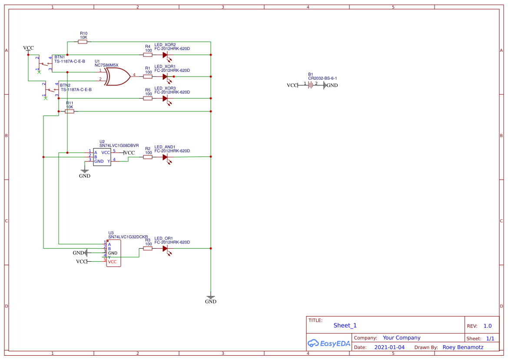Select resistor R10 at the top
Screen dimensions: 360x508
coord(83,42)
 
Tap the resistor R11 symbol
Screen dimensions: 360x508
coord(70,111)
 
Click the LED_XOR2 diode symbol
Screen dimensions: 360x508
coord(166,55)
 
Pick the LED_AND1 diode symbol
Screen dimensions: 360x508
coord(166,157)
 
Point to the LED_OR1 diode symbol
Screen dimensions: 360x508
coord(166,248)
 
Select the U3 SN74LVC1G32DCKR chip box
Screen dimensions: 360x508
coord(113,253)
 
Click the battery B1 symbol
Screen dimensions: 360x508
coord(311,85)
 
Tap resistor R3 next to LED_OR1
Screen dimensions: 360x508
coord(148,248)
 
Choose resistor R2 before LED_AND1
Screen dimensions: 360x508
coord(148,157)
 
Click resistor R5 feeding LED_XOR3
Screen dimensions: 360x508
coord(148,98)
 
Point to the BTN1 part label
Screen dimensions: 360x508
coord(60,57)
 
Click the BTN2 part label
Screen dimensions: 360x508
coord(65,85)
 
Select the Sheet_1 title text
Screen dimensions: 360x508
coord(345,325)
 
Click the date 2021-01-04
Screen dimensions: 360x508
coord(389,347)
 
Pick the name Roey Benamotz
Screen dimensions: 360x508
coord(463,347)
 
